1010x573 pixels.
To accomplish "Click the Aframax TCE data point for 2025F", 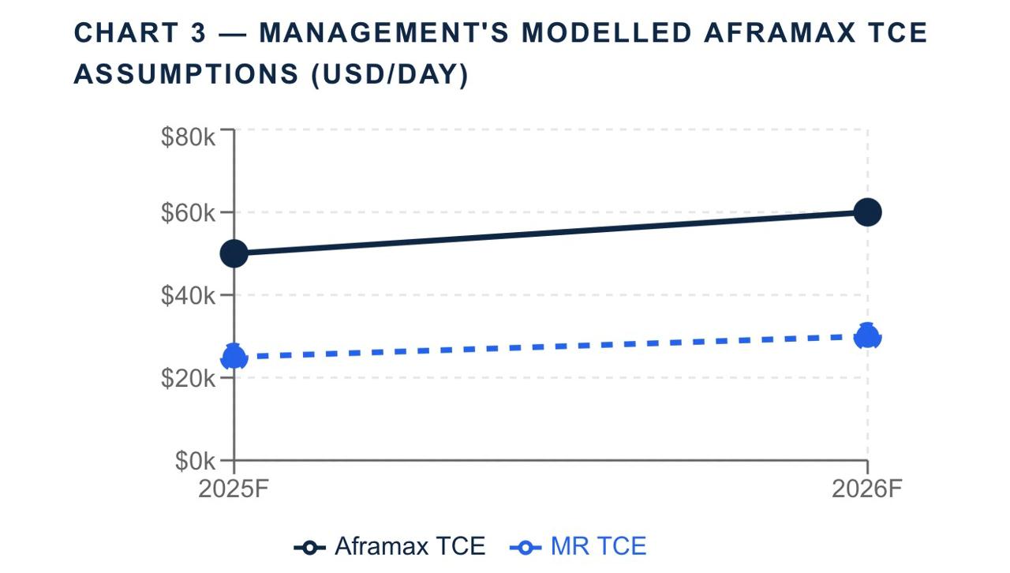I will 234,253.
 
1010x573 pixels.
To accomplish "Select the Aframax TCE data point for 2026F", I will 867,212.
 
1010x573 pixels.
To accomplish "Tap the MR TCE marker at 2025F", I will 234,357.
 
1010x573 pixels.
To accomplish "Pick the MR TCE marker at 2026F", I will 867,335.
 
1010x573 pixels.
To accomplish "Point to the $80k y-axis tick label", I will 188,137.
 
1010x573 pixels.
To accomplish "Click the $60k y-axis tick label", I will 188,212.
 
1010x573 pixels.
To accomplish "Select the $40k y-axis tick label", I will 188,295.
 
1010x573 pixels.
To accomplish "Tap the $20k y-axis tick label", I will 188,378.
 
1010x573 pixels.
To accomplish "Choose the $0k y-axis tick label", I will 195,460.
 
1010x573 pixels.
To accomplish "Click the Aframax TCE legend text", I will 410,546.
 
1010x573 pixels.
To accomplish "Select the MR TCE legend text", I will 598,546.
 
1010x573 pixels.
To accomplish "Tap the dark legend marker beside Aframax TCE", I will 310,547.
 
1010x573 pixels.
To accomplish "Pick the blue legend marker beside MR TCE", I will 526,547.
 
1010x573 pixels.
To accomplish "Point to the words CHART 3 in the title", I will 140,33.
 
